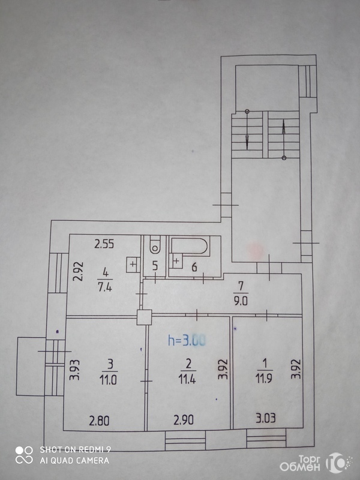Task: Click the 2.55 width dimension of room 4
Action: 104,244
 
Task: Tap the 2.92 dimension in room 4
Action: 79,271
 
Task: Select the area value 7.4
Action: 104,287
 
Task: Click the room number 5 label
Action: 155,266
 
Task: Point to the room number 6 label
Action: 194,267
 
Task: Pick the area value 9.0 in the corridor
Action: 241,302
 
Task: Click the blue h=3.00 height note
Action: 187,340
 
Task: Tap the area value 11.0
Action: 108,380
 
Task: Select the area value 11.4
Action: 187,380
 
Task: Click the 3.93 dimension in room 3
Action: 74,370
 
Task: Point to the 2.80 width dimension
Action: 99,421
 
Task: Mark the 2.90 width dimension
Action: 184,419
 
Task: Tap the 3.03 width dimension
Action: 266,418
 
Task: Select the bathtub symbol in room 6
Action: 190,245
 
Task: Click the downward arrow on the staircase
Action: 247,130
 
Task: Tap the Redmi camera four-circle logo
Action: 24,455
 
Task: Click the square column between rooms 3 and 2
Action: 144,317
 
